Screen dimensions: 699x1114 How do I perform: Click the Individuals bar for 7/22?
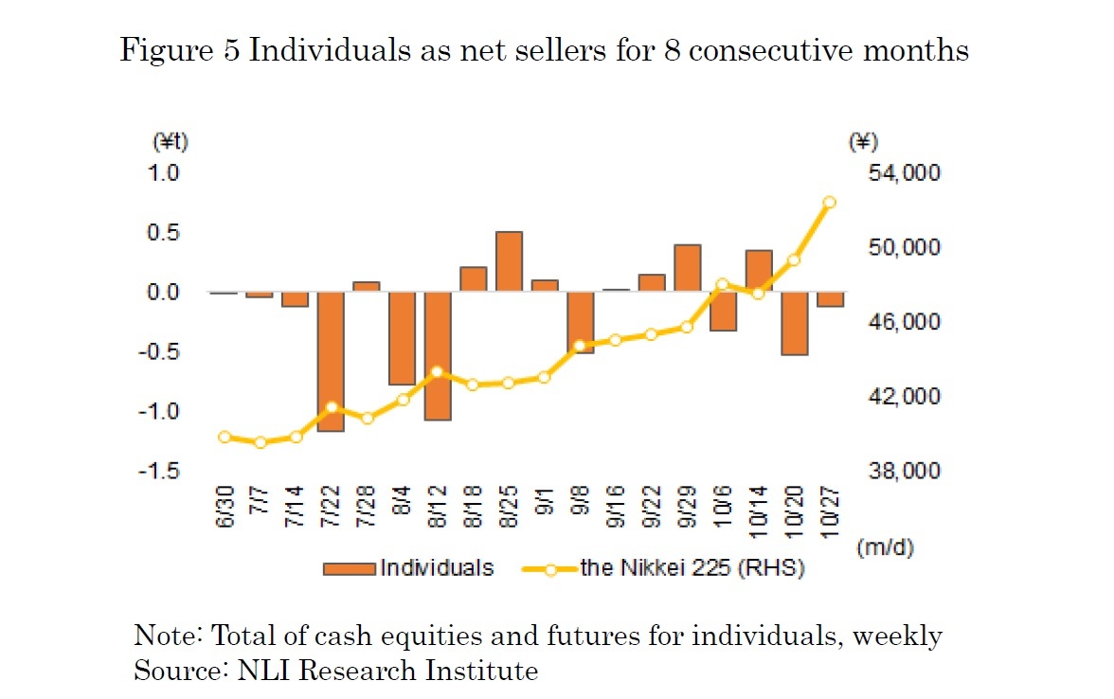pos(331,362)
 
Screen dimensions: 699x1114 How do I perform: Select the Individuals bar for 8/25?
pos(509,262)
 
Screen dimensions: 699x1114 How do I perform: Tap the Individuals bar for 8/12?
pos(438,356)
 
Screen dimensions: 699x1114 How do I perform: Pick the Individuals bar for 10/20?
pos(795,324)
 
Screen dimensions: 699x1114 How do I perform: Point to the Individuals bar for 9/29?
pos(688,269)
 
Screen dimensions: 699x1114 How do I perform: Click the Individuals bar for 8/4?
pos(402,339)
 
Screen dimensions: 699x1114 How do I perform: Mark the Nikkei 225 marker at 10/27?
pos(830,202)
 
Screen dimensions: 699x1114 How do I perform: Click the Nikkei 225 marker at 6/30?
pos(225,437)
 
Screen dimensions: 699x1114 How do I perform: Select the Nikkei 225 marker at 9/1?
pos(544,377)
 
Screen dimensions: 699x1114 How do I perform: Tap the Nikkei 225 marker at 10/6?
pos(723,284)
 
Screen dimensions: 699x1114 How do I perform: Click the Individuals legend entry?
pos(409,568)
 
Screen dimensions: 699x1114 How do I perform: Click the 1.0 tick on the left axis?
pos(168,172)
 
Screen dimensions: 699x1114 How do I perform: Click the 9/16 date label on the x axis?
pos(616,511)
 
